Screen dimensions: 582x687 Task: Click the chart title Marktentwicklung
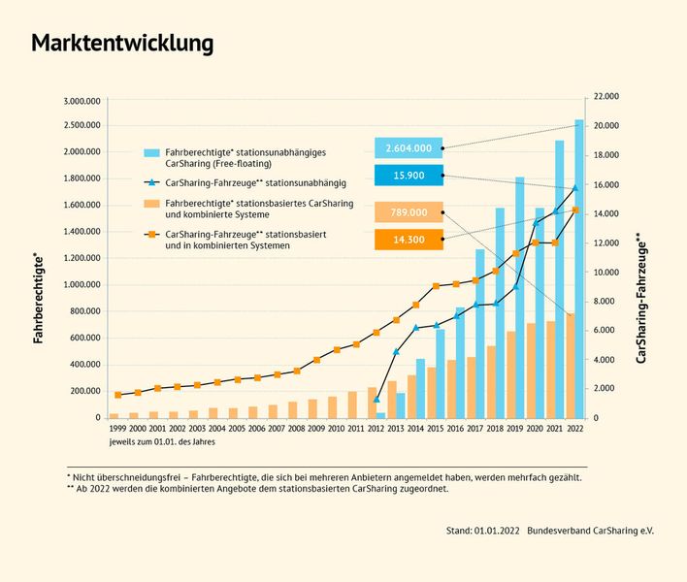pyautogui.click(x=122, y=44)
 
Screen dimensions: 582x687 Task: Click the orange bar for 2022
pyautogui.click(x=571, y=366)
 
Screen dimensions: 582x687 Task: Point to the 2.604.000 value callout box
pyautogui.click(x=409, y=148)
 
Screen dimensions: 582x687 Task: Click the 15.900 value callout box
pyautogui.click(x=409, y=176)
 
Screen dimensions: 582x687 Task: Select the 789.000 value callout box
pyautogui.click(x=409, y=212)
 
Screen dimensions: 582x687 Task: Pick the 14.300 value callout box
pyautogui.click(x=409, y=239)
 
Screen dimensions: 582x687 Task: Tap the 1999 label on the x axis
pyautogui.click(x=117, y=428)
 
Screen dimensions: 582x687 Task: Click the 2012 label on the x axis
pyautogui.click(x=376, y=428)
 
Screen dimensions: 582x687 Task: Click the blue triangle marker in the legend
pyautogui.click(x=151, y=182)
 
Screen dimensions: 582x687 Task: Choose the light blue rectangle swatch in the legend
pyautogui.click(x=151, y=153)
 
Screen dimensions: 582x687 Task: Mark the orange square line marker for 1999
pyautogui.click(x=117, y=395)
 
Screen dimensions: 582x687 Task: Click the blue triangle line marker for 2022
pyautogui.click(x=575, y=188)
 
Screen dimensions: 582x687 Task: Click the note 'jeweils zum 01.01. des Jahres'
pyautogui.click(x=162, y=441)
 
